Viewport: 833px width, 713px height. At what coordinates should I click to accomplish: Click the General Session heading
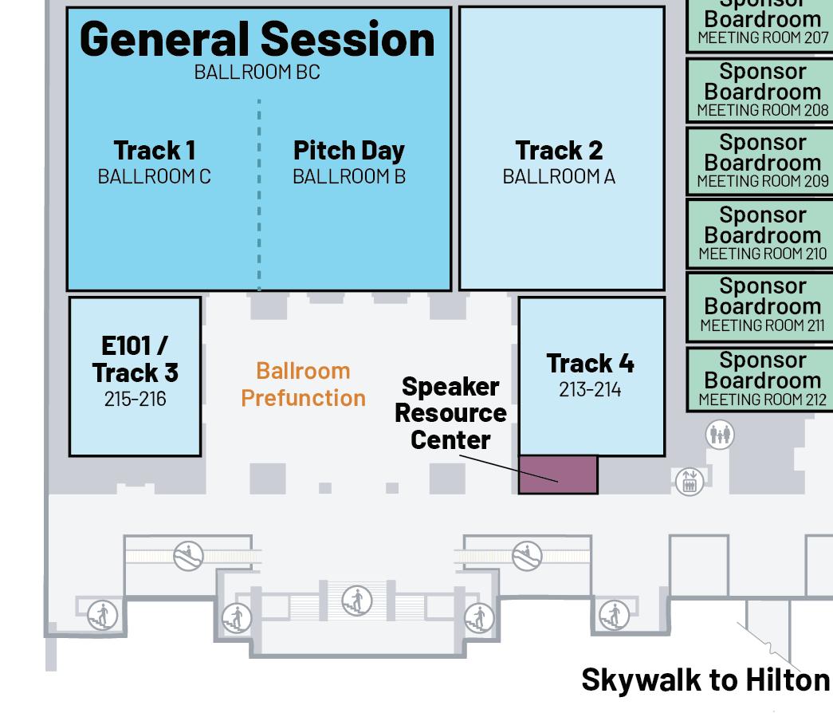click(x=257, y=38)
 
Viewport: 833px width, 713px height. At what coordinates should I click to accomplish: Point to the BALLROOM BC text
click(x=257, y=72)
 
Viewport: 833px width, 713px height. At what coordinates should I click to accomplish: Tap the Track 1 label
click(x=154, y=150)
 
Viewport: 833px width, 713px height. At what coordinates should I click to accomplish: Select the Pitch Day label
click(x=348, y=150)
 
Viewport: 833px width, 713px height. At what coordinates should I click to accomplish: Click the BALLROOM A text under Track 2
click(x=558, y=176)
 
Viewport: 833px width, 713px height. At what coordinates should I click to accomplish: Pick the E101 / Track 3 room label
click(x=135, y=359)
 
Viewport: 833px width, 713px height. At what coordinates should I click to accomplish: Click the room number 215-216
click(x=135, y=399)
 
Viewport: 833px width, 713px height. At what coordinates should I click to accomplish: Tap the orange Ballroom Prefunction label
click(x=303, y=384)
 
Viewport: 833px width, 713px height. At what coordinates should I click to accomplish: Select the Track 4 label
click(x=590, y=363)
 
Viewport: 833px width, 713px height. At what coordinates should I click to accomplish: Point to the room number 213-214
click(x=590, y=389)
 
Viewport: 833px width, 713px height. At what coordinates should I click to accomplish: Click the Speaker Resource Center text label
click(x=450, y=412)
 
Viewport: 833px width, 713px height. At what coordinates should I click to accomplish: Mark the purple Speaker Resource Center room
click(x=558, y=475)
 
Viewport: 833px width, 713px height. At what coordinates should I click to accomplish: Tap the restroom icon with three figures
click(x=720, y=435)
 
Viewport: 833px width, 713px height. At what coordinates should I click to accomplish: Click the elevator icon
click(x=689, y=482)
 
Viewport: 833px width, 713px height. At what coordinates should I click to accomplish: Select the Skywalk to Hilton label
click(x=705, y=680)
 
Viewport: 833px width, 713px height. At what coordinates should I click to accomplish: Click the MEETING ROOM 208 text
click(x=762, y=111)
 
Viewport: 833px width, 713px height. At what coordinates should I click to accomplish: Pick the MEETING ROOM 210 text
click(x=762, y=254)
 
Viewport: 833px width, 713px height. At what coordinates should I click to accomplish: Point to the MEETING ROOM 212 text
click(x=762, y=399)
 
